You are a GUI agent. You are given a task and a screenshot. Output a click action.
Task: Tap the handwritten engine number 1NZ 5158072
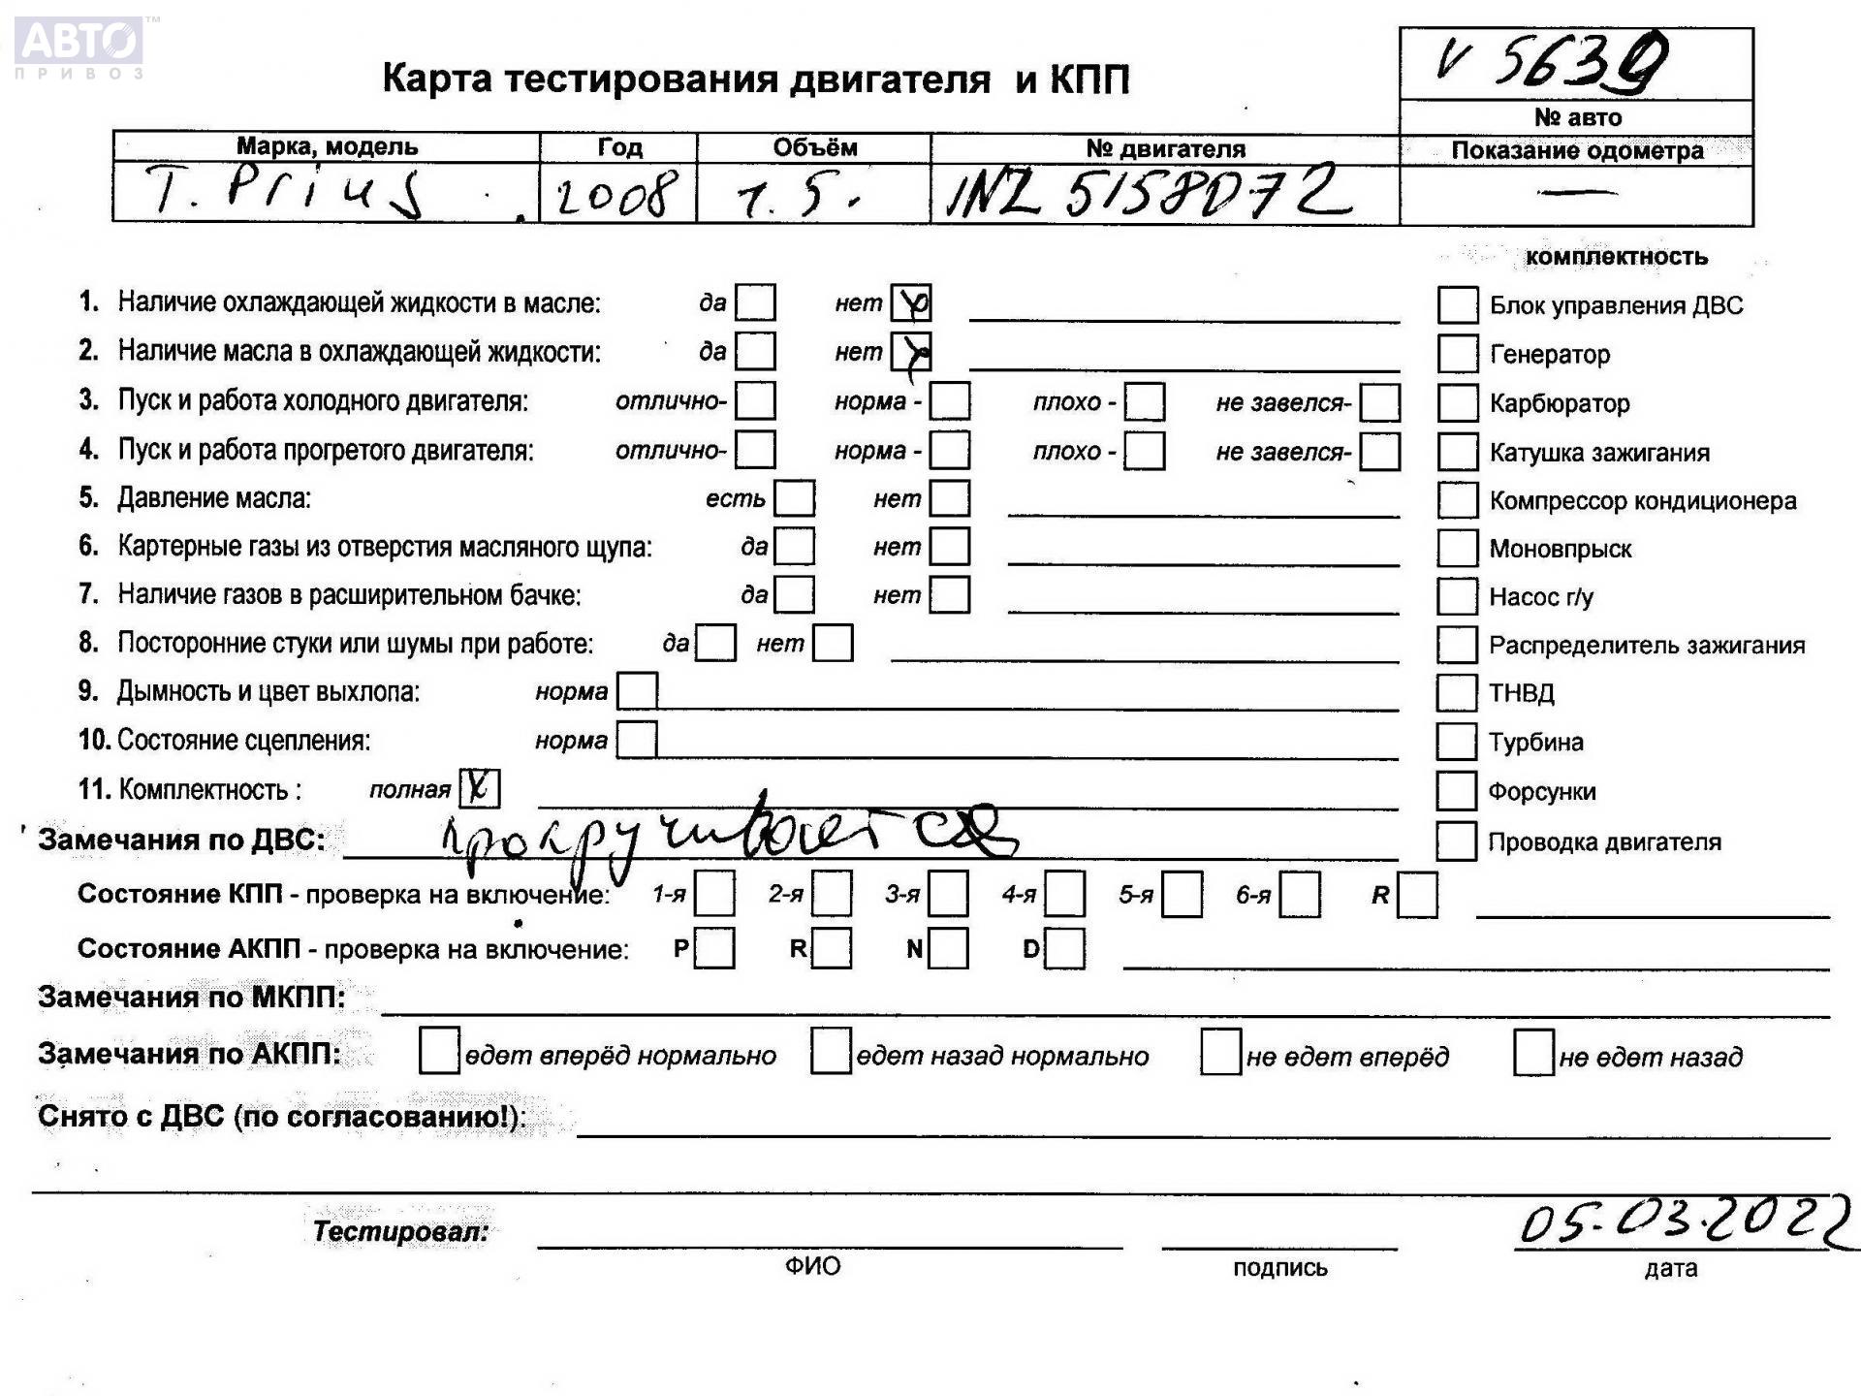(x=1150, y=192)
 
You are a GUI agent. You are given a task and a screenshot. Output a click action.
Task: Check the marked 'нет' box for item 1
(x=910, y=303)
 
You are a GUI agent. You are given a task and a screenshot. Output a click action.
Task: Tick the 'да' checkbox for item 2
(x=755, y=351)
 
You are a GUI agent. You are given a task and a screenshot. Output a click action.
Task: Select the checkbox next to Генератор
(x=1457, y=354)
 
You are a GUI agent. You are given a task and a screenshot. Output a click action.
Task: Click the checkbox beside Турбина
(x=1456, y=742)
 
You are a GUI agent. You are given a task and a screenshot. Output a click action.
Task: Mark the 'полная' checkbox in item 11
(x=479, y=788)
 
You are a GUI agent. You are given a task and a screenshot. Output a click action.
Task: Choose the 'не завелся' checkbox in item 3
(x=1379, y=401)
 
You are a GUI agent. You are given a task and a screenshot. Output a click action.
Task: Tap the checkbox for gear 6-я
(x=1299, y=894)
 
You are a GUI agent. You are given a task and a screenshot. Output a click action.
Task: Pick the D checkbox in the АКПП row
(x=1064, y=948)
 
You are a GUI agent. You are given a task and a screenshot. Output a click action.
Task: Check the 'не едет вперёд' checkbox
(x=1220, y=1053)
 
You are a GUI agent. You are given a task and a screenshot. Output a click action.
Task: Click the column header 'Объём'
(x=814, y=148)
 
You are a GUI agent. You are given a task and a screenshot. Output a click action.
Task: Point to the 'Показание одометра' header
(x=1576, y=151)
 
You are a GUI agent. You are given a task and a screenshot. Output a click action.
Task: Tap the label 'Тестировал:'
(x=400, y=1231)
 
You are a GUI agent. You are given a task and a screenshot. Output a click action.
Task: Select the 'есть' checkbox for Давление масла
(x=795, y=498)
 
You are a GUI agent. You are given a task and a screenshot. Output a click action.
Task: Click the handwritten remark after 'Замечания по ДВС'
(x=727, y=836)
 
